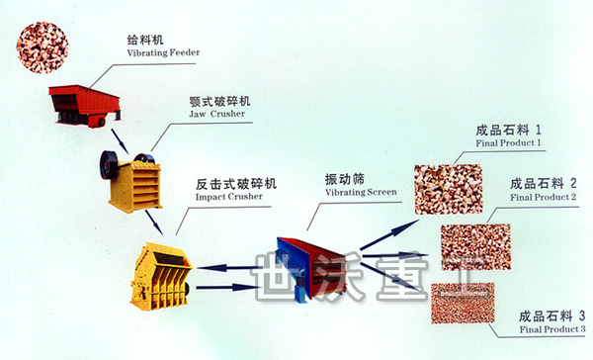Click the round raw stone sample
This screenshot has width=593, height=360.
click(x=42, y=47)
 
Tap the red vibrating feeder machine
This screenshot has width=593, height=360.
click(x=85, y=106)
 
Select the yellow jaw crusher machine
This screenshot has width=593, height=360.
click(x=130, y=181)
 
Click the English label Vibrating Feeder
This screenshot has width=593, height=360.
click(x=163, y=52)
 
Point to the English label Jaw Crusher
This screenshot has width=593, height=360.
click(x=217, y=114)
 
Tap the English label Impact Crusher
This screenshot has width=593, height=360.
click(x=229, y=197)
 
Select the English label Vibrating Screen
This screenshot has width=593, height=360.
click(x=361, y=192)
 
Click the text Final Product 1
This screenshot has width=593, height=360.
click(x=508, y=143)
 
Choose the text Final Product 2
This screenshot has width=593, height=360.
click(x=543, y=197)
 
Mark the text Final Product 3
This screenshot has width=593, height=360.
click(x=552, y=329)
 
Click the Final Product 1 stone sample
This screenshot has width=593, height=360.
click(x=448, y=189)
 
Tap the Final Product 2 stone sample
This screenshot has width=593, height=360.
click(x=475, y=247)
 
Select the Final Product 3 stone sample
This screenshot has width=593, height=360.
click(x=463, y=304)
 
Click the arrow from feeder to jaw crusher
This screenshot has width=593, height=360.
click(x=120, y=141)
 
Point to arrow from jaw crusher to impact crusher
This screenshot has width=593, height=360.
click(x=154, y=223)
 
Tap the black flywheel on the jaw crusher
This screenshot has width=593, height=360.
click(x=109, y=165)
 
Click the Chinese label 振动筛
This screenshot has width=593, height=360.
click(x=345, y=179)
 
